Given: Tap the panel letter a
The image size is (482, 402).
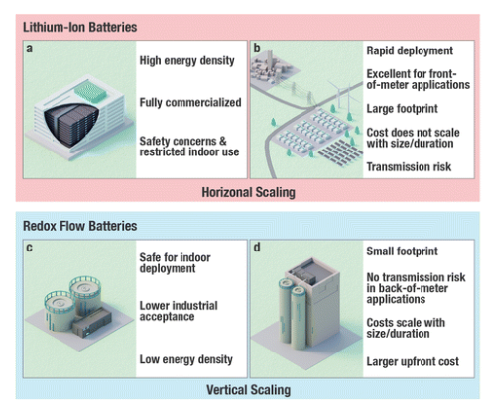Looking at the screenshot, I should [x=31, y=46].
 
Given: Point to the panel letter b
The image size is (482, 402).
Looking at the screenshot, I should [x=255, y=46].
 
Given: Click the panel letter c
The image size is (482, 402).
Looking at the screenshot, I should [x=31, y=246].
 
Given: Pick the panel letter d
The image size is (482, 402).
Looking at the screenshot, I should [x=255, y=246].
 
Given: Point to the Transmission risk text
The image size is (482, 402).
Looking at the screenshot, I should [x=407, y=167].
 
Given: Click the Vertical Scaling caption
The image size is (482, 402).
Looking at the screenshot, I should [x=242, y=389].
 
